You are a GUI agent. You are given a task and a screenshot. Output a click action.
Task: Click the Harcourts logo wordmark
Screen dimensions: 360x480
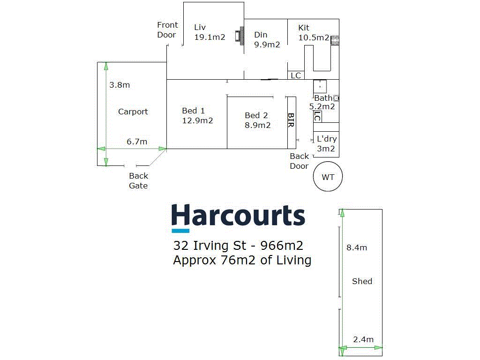(x=238, y=217)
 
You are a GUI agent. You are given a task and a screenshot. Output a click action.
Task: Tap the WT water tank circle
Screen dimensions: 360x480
(x=328, y=177)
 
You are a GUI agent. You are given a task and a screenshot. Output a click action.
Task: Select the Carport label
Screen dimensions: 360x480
(x=133, y=112)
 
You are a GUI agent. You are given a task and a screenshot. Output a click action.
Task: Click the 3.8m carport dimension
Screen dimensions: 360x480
(x=119, y=85)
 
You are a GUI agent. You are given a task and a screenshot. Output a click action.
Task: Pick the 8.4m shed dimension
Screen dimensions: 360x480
(x=357, y=247)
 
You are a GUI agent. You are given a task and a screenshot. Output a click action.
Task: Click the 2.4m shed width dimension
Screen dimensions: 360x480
(x=363, y=339)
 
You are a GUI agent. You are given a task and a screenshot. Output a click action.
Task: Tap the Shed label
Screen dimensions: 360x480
(x=362, y=281)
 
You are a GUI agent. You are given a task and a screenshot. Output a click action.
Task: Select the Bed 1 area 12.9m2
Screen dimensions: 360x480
(x=197, y=120)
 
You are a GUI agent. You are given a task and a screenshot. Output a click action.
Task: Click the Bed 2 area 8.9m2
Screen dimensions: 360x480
(x=257, y=125)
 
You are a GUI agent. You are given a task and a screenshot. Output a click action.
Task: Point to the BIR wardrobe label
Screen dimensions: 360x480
(x=291, y=120)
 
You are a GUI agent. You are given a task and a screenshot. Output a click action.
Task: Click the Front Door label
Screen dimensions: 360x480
(x=167, y=30)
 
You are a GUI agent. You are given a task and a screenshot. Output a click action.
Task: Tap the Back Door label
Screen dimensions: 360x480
(x=299, y=161)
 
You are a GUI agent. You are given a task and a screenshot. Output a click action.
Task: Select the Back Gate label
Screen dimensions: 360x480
(x=138, y=180)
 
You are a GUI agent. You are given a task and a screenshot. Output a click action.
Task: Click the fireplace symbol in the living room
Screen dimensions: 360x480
(x=241, y=36)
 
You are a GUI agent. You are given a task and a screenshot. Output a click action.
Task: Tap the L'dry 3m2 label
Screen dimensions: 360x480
(x=326, y=144)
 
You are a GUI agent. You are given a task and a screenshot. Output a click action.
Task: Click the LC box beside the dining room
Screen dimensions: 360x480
(x=296, y=75)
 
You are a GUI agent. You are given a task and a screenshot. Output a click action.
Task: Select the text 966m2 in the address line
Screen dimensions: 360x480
(x=282, y=245)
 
